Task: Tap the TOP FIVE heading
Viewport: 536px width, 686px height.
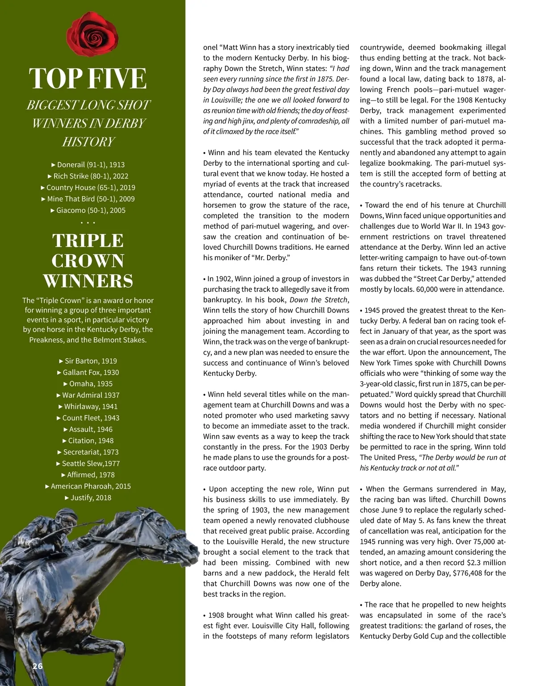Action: click(88, 79)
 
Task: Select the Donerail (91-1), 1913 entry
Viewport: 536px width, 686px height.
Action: click(88, 165)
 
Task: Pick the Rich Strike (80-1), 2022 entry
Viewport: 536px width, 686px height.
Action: click(88, 176)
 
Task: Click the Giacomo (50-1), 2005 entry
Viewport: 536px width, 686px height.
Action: click(88, 210)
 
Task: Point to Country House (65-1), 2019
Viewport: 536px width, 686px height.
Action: click(88, 188)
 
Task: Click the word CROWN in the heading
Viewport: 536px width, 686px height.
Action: click(88, 261)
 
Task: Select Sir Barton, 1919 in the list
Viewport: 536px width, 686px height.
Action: click(88, 361)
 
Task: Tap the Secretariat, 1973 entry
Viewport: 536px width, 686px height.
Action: click(88, 452)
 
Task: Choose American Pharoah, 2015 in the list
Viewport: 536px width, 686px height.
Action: click(88, 486)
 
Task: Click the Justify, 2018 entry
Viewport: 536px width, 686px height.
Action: click(88, 498)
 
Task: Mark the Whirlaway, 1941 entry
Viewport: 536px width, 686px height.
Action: click(88, 407)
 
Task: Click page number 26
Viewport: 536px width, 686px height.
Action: click(38, 666)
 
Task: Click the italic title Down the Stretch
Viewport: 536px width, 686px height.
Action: click(318, 300)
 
